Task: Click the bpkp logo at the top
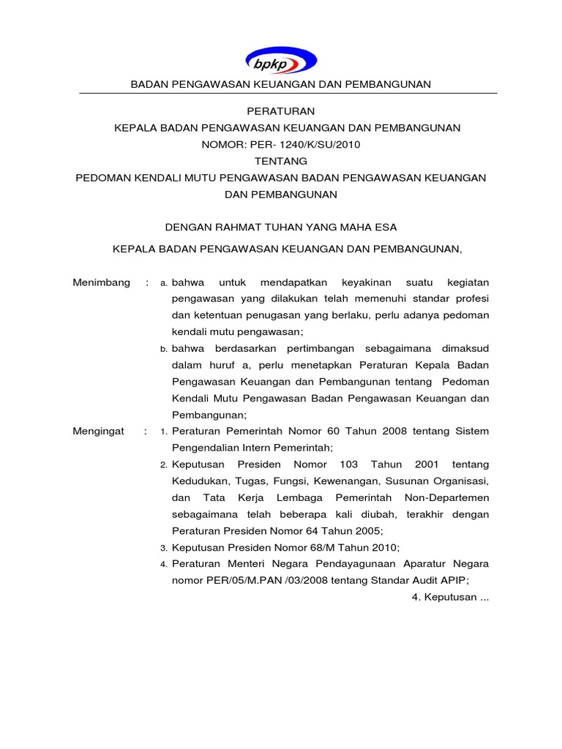point(281,61)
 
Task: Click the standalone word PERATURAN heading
point(281,111)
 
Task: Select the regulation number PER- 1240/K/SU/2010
point(302,144)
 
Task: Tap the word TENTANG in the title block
point(281,161)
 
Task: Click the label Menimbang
point(101,282)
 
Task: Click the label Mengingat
point(100,432)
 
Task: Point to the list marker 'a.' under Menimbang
point(165,283)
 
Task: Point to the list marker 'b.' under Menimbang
point(165,349)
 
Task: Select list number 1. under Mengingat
point(165,432)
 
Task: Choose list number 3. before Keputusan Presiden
point(165,548)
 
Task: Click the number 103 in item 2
point(348,465)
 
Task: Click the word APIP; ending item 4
point(452,581)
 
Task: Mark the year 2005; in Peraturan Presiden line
point(367,531)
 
